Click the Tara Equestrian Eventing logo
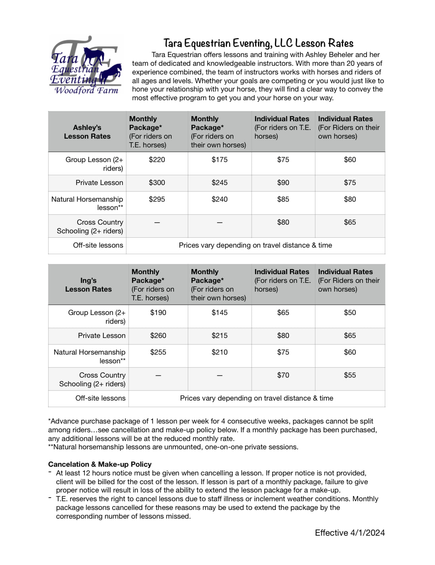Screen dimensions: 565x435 click(x=85, y=65)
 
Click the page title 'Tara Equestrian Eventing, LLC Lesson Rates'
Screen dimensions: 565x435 click(x=258, y=43)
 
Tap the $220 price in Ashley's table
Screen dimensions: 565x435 click(x=157, y=160)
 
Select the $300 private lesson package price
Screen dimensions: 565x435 click(x=157, y=183)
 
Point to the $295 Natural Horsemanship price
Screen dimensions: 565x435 click(x=157, y=199)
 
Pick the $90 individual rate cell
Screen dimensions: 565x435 click(x=283, y=183)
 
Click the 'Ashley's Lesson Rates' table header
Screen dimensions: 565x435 click(x=87, y=132)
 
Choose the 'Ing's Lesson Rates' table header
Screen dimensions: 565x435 click(x=88, y=285)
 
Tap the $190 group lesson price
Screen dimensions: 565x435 click(x=158, y=313)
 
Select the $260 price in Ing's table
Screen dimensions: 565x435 click(x=158, y=336)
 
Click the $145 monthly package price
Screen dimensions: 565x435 click(x=219, y=313)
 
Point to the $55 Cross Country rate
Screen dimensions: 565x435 click(x=350, y=375)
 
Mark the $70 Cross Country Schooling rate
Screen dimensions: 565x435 click(x=283, y=375)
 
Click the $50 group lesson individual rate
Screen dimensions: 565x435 click(x=350, y=313)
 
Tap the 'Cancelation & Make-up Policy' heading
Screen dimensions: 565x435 click(x=100, y=464)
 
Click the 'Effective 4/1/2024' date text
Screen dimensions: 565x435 click(x=350, y=533)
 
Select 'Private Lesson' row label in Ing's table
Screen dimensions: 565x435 click(x=101, y=336)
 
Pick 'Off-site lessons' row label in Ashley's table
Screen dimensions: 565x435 click(x=98, y=245)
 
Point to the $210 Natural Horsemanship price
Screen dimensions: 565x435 click(x=219, y=352)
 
